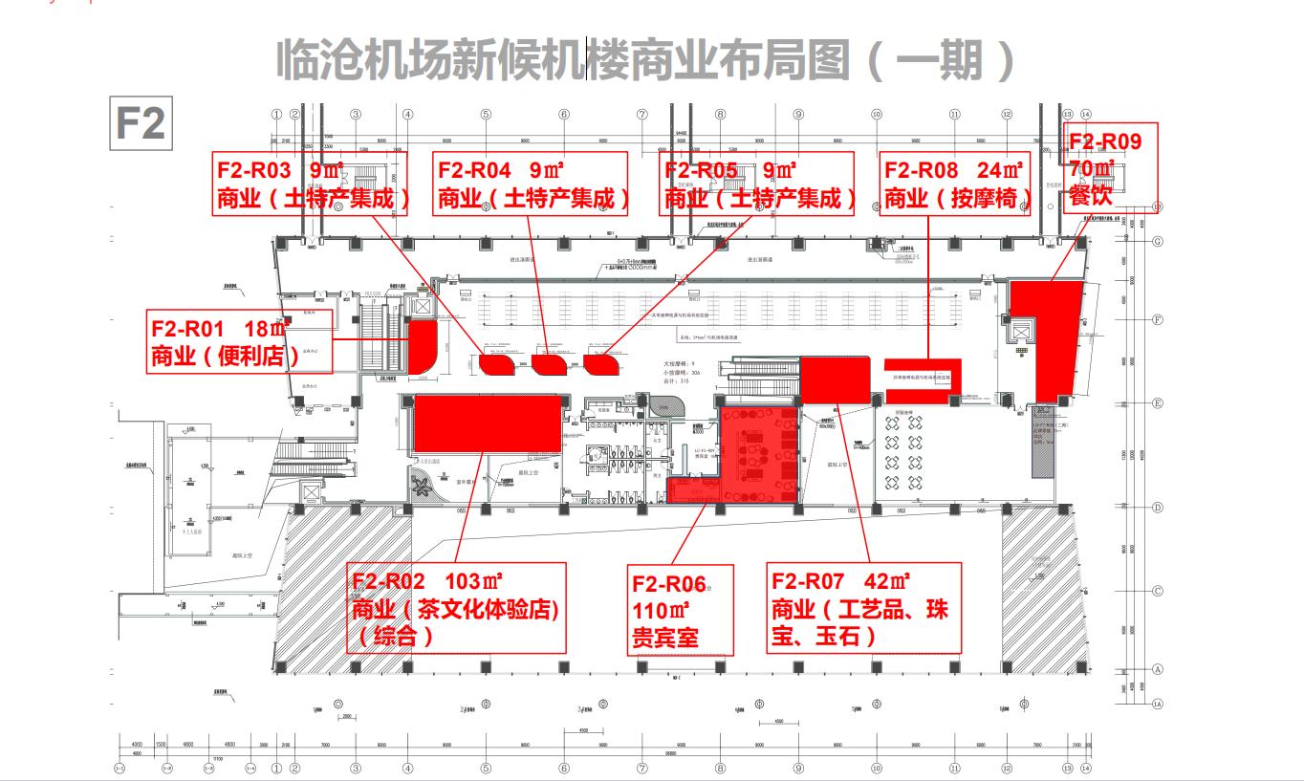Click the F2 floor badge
[141, 124]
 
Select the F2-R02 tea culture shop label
[455, 607]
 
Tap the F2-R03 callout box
[311, 184]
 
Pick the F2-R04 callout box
[531, 184]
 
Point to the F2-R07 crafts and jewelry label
[864, 607]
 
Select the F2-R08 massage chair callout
[955, 184]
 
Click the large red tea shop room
[487, 424]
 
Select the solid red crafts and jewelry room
[834, 380]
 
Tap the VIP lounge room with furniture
[755, 449]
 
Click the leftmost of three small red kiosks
[496, 363]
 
